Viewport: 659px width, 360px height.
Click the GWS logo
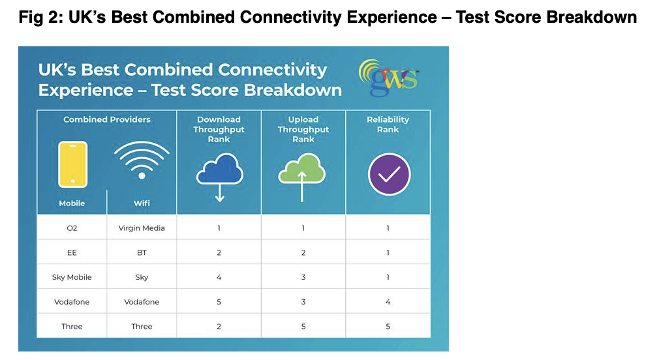pyautogui.click(x=389, y=78)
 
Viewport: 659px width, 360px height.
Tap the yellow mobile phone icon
pyautogui.click(x=72, y=164)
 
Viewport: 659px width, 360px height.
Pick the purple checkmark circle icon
pyautogui.click(x=389, y=174)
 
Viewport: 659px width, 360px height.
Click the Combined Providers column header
pyautogui.click(x=107, y=119)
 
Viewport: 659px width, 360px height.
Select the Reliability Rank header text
pyautogui.click(x=388, y=125)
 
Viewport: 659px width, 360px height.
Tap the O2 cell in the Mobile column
pyautogui.click(x=72, y=228)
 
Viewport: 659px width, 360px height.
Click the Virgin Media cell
pyautogui.click(x=142, y=228)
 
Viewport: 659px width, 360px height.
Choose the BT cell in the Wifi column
pyautogui.click(x=142, y=252)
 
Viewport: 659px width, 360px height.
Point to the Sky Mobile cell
pyautogui.click(x=72, y=277)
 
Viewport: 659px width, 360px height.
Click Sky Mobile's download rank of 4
pyautogui.click(x=219, y=277)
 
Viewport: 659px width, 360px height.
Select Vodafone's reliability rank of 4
pyautogui.click(x=388, y=301)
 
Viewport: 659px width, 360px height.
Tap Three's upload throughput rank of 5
pyautogui.click(x=303, y=326)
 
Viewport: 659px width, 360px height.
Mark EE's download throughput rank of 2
pyautogui.click(x=219, y=252)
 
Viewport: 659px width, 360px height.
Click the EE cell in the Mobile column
pyautogui.click(x=72, y=252)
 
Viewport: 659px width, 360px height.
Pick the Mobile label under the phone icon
pyautogui.click(x=72, y=203)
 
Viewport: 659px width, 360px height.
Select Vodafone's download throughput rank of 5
pyautogui.click(x=219, y=301)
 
